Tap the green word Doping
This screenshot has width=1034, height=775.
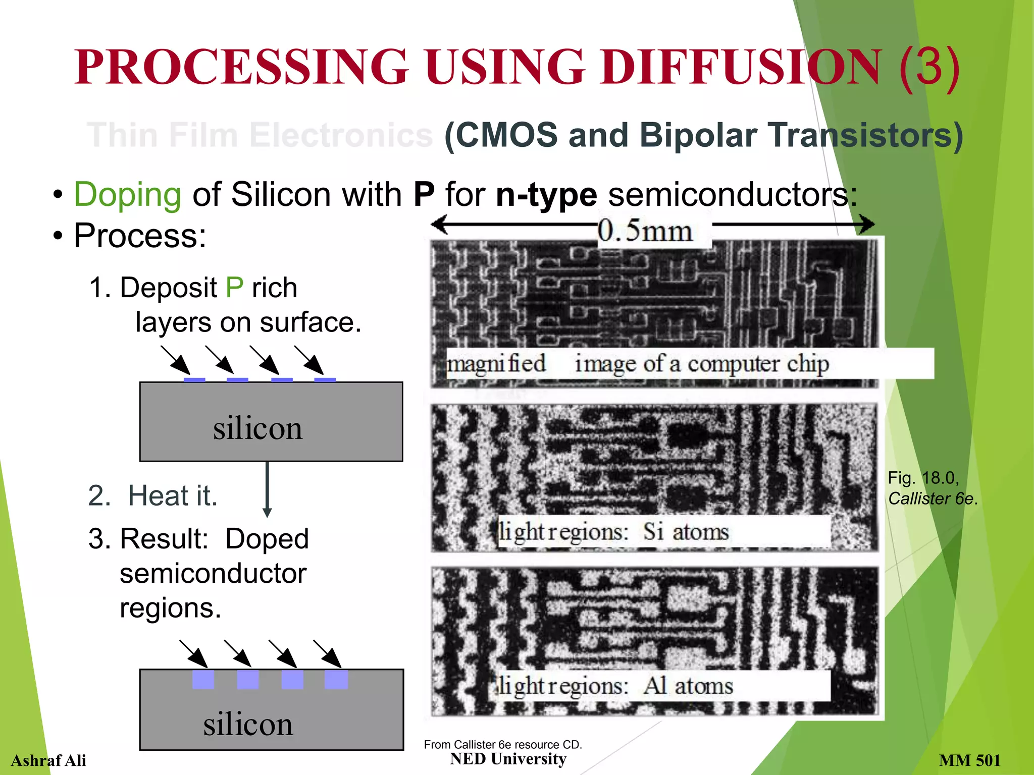[x=127, y=195]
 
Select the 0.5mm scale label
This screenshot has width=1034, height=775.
[x=645, y=232]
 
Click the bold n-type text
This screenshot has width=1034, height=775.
[x=546, y=195]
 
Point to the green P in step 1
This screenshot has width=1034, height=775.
[x=234, y=288]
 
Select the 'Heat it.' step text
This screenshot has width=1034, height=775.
[x=173, y=495]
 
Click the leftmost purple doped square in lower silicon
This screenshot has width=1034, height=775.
[x=203, y=679]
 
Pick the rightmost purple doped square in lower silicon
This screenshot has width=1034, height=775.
[x=336, y=679]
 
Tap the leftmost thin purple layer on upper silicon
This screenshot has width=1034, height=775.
[x=194, y=379]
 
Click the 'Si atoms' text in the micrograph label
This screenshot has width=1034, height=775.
[x=686, y=532]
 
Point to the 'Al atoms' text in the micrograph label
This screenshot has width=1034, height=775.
[x=689, y=686]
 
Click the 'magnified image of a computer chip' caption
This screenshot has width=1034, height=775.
[x=638, y=364]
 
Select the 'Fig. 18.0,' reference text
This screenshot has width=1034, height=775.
[x=923, y=477]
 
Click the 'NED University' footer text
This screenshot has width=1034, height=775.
[x=508, y=759]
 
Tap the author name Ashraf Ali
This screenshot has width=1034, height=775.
[x=48, y=760]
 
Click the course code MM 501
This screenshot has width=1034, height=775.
[x=969, y=760]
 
